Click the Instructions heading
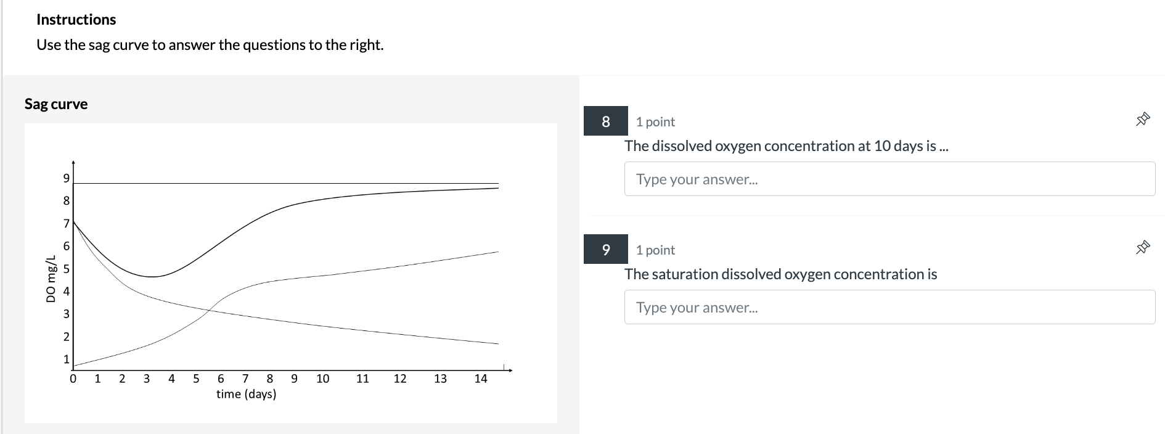(76, 20)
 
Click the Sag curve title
(56, 104)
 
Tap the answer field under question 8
(889, 179)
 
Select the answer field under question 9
(889, 308)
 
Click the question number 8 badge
(605, 121)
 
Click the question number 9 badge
(605, 250)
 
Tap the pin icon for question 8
(1143, 119)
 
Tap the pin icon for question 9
(1143, 247)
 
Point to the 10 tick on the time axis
(323, 379)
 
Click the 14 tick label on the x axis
(481, 379)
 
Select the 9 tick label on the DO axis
(67, 178)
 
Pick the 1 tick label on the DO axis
(67, 359)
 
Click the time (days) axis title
(246, 394)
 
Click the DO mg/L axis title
(51, 279)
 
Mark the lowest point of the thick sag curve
(152, 277)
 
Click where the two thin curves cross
(210, 310)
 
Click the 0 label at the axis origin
(73, 379)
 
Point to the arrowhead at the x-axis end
(510, 371)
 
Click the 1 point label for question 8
(655, 122)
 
